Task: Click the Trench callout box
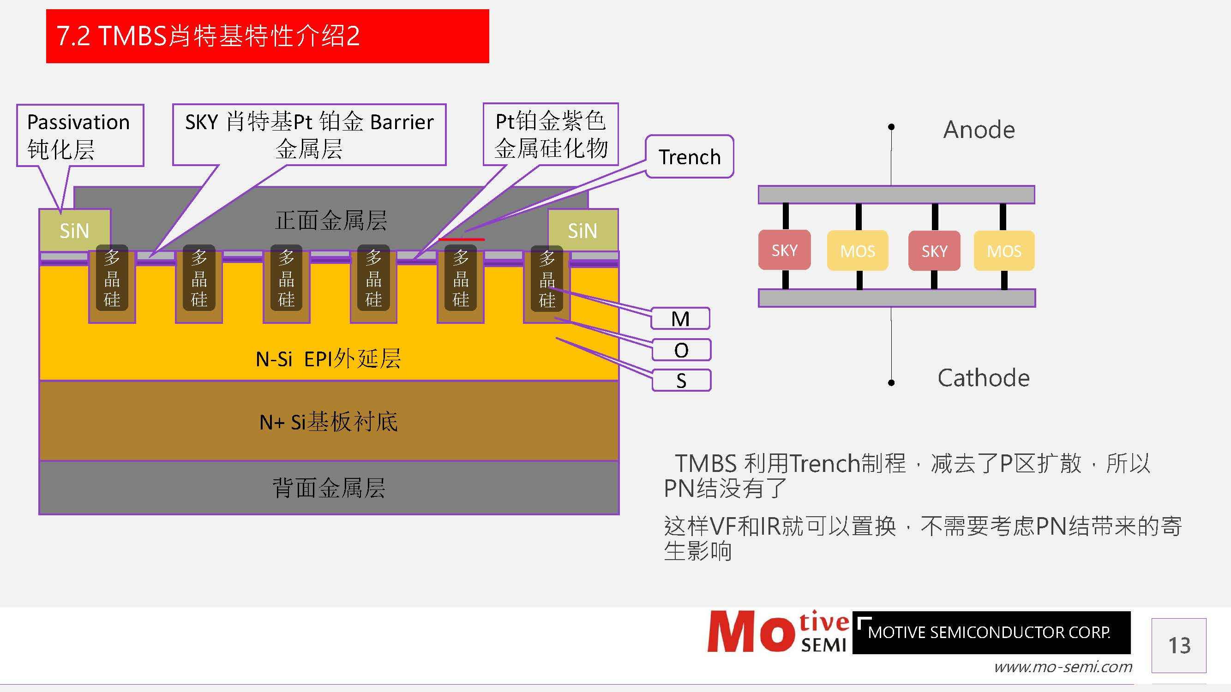click(689, 157)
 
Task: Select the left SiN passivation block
click(75, 231)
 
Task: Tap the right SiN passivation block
click(582, 231)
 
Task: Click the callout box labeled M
click(680, 318)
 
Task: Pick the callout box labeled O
click(681, 350)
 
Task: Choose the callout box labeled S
click(681, 381)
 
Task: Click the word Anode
click(979, 130)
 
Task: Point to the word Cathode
click(983, 378)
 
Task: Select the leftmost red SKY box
click(784, 250)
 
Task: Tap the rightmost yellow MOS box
click(1004, 251)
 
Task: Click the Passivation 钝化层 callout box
click(80, 136)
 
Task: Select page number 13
click(1179, 646)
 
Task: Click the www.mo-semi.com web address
click(1063, 667)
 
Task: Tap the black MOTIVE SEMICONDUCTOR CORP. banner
click(991, 632)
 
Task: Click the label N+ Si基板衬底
click(328, 422)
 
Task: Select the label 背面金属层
click(328, 488)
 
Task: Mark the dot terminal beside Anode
click(891, 127)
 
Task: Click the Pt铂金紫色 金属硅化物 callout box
click(551, 135)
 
